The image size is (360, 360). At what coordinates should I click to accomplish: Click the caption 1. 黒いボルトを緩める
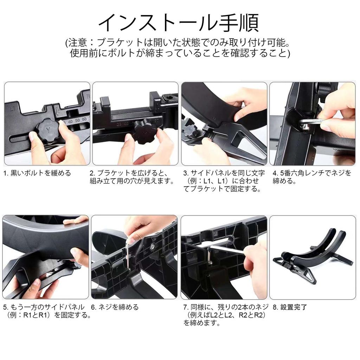pos(37,173)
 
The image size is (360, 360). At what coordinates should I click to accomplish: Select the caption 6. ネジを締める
pos(115,307)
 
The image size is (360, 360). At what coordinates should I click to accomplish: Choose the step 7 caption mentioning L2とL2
pos(225,315)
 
